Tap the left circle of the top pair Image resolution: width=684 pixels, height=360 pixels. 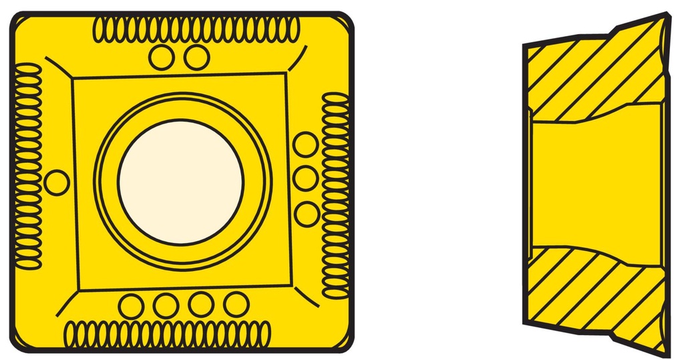pos(162,57)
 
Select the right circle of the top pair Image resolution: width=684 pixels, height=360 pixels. pos(197,57)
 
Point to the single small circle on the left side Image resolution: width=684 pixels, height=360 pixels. pos(57,182)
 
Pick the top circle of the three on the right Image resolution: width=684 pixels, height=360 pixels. pos(306,144)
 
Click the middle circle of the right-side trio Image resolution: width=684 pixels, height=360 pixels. pos(306,178)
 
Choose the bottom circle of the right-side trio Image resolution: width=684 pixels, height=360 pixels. pos(307,214)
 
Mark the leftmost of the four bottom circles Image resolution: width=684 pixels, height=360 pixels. pos(131,306)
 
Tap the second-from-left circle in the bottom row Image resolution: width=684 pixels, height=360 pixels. pos(165,306)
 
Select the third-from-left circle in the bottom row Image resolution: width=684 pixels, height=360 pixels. pos(200,305)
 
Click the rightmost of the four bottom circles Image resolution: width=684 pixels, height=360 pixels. pos(236,304)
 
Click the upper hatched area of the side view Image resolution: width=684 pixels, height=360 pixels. pos(588,77)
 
